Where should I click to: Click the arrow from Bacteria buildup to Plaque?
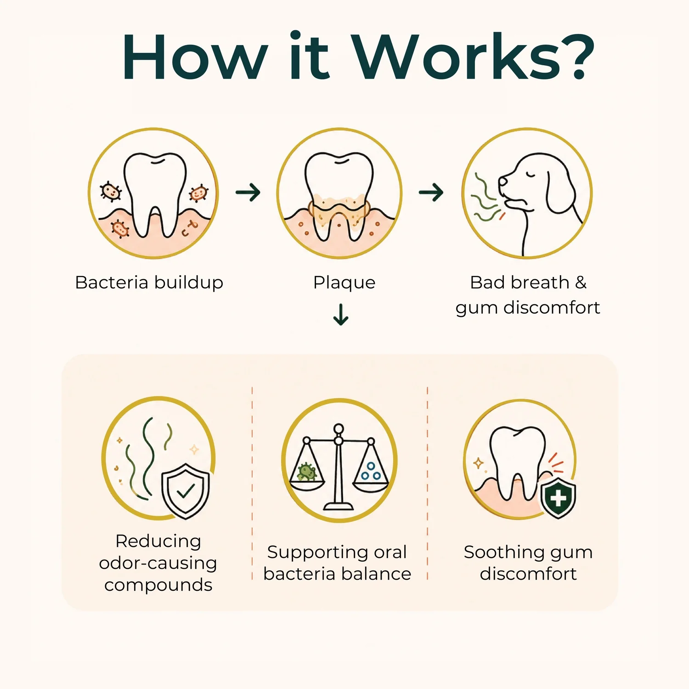click(x=248, y=192)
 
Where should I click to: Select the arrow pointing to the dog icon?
click(x=431, y=192)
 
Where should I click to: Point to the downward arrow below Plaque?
click(x=341, y=314)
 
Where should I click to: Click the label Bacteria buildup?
click(x=149, y=282)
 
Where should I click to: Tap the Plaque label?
click(x=344, y=283)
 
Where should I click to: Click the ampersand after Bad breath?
click(x=581, y=282)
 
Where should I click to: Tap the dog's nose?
click(x=503, y=180)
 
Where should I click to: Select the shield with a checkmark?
click(x=186, y=491)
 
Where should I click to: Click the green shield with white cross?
click(x=558, y=498)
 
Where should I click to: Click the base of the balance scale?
click(x=339, y=506)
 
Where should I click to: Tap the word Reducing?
click(x=158, y=542)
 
